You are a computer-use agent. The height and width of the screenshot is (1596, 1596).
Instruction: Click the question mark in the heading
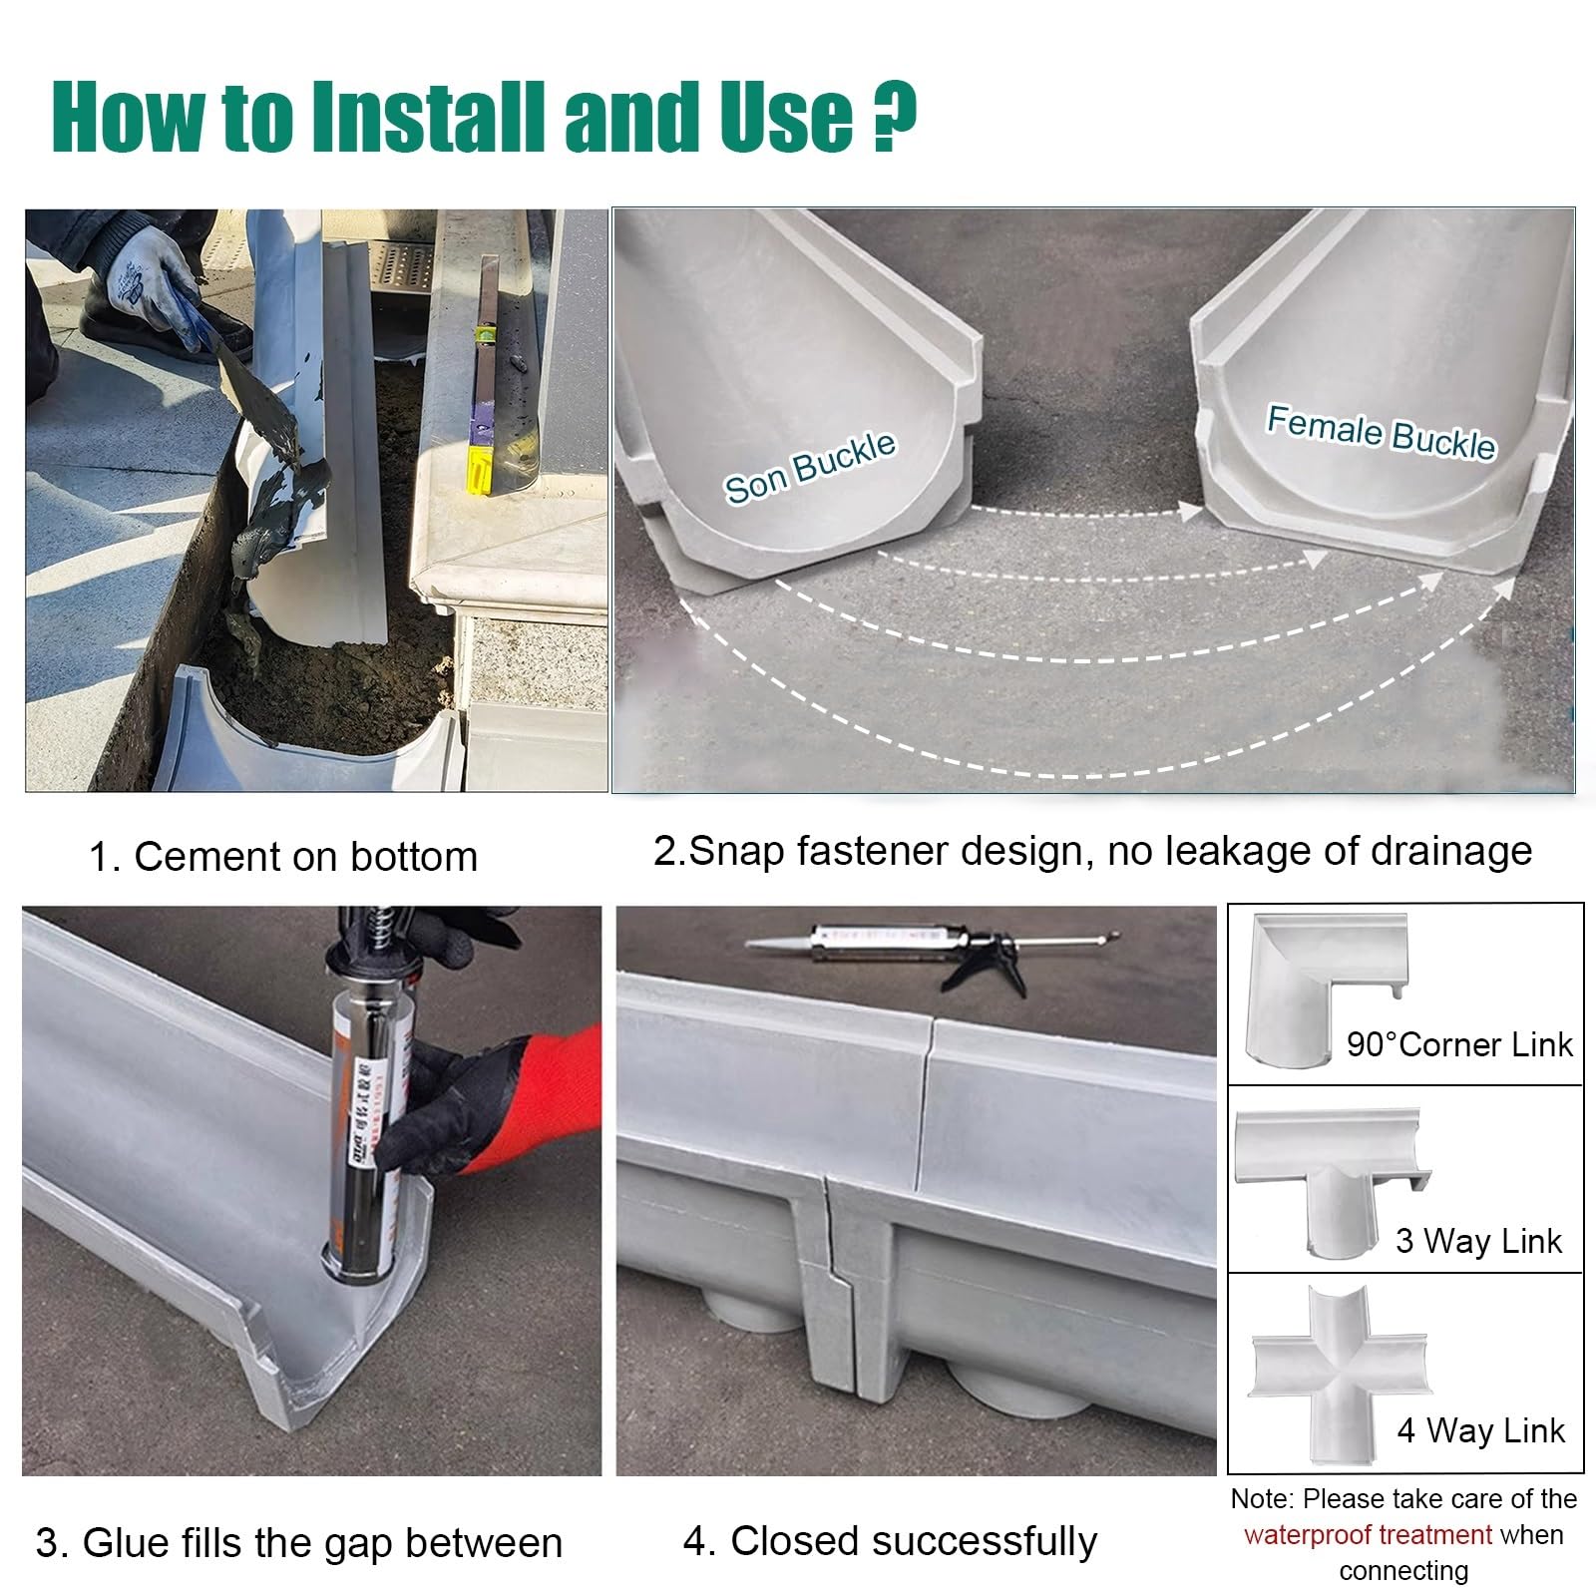[894, 118]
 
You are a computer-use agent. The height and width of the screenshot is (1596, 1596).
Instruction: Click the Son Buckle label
[810, 468]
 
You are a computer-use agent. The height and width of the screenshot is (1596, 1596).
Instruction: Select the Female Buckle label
[1382, 432]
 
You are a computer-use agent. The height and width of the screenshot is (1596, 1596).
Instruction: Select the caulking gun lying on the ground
[933, 947]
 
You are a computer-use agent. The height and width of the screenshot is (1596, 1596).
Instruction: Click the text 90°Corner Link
[1459, 1044]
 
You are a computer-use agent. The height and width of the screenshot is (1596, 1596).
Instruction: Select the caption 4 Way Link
[1481, 1430]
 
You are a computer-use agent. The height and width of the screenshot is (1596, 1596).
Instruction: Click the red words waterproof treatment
[1368, 1534]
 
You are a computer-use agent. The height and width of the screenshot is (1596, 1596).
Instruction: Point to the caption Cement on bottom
[305, 856]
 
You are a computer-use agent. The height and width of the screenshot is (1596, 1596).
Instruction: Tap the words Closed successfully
[914, 1540]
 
